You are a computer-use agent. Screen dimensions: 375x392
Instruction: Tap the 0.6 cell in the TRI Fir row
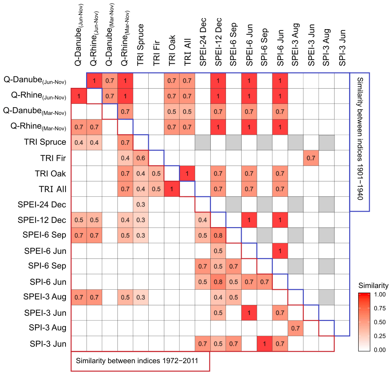pos(141,158)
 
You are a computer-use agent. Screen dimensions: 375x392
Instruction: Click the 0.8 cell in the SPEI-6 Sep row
pos(218,235)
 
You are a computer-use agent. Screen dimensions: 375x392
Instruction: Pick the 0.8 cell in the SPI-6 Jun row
pos(218,282)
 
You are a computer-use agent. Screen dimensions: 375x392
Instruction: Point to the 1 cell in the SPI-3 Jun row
pos(265,344)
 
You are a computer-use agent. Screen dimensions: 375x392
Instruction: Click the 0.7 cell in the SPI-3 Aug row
pos(296,328)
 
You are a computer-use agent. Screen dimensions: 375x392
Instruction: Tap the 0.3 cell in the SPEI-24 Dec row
pos(141,204)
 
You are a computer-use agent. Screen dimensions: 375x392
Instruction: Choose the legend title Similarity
pos(373,286)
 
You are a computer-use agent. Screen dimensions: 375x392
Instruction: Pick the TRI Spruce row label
pos(46,142)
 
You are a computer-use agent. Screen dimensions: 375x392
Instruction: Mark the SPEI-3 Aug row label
pos(45,297)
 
